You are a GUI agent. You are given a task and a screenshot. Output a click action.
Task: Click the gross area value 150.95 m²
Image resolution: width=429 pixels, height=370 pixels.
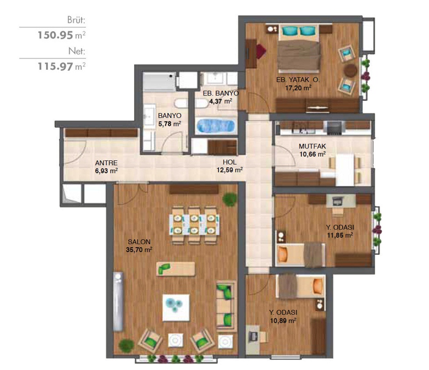62,35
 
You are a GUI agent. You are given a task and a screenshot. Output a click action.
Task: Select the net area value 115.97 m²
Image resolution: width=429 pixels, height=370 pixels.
62,66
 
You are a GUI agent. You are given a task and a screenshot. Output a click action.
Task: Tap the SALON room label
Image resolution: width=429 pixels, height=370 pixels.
139,242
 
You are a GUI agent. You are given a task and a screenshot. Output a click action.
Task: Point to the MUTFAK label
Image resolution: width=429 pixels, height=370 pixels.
312,146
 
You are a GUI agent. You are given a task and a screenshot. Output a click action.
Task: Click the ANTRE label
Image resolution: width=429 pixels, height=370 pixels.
106,163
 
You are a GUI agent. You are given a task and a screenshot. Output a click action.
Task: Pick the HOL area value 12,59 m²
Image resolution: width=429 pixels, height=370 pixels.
230,170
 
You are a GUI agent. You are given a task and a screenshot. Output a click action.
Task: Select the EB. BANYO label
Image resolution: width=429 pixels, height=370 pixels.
220,93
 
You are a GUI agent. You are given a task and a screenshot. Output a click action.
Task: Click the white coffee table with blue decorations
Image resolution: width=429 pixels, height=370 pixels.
176,308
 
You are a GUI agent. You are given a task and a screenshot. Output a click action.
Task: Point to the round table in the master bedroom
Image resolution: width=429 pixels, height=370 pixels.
351,71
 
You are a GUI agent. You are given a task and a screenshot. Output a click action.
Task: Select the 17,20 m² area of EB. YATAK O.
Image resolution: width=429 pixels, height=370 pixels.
298,88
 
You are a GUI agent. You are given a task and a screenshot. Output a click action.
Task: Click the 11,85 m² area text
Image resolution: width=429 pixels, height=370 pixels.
339,235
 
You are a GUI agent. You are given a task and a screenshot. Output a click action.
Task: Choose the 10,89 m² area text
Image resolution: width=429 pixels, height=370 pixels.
283,321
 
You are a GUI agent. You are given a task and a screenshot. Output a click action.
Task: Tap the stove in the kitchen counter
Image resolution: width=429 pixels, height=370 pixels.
334,128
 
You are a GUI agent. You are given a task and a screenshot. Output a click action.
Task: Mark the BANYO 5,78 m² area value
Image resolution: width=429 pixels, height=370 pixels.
169,124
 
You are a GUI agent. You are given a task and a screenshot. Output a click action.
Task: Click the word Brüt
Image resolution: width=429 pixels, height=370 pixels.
76,20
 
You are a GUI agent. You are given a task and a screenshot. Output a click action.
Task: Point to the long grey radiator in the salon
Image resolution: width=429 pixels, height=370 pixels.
118,301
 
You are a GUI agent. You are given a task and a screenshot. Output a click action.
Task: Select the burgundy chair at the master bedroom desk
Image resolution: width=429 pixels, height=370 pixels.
261,51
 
